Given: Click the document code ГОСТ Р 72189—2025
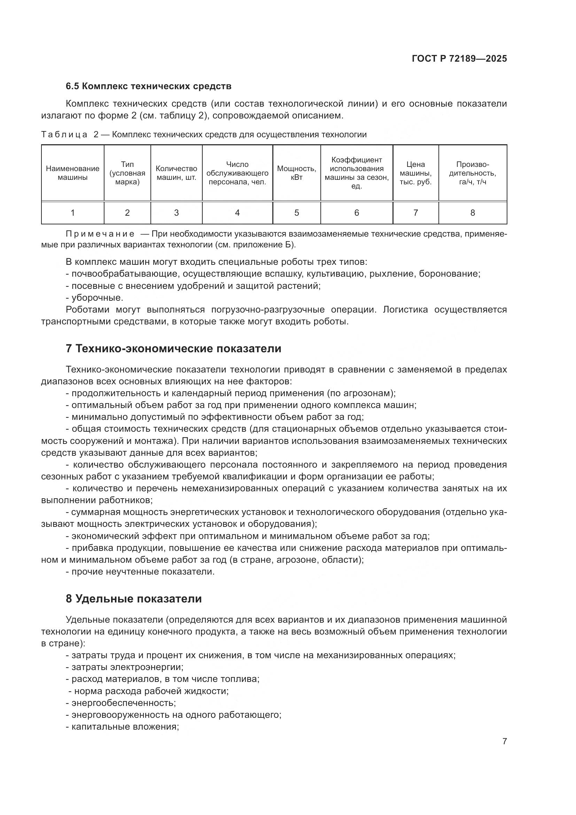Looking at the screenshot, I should (x=459, y=59).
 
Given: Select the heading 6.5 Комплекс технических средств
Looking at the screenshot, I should (x=148, y=86).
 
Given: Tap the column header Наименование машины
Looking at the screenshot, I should (x=72, y=173).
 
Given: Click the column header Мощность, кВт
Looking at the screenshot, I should (x=296, y=173).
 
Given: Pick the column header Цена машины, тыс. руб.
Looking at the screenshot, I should (x=415, y=173).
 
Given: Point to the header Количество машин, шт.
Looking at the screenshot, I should (x=176, y=173).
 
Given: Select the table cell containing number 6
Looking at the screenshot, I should (x=357, y=213).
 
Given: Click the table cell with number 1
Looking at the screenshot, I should (x=72, y=213).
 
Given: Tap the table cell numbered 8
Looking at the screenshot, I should (x=473, y=213).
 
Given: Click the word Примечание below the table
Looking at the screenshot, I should (x=100, y=234).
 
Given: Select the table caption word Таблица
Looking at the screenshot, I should (x=64, y=135).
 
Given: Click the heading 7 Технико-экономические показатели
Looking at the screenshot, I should (x=173, y=348).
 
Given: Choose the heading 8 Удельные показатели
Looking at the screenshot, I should (x=134, y=599).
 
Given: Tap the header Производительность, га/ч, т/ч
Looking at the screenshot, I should (x=473, y=173).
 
